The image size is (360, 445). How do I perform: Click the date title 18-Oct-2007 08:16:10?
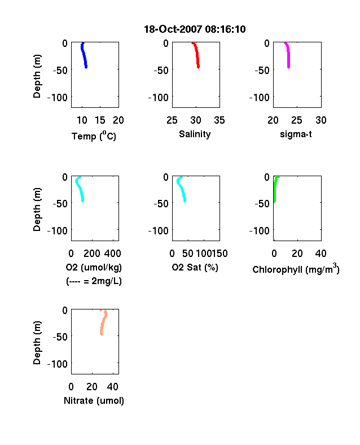pos(195,29)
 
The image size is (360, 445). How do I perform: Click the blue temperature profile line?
pos(84,55)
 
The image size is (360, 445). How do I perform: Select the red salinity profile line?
pos(196,55)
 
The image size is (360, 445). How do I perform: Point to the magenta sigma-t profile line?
pos(288,55)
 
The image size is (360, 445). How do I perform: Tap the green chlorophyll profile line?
pos(275,189)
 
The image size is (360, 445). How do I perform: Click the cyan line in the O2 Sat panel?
pos(181,189)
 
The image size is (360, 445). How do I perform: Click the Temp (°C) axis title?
pos(94,136)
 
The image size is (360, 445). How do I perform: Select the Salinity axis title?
pos(195,134)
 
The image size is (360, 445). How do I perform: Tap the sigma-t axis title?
pos(296,134)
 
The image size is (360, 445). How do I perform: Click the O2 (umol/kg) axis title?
pos(94,267)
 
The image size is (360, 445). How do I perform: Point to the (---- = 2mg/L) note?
pos(94,281)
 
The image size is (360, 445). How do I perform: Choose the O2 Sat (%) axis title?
pos(195,267)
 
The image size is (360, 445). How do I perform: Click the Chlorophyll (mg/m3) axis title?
pos(296,268)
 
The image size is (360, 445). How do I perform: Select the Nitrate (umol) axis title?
pos(94,400)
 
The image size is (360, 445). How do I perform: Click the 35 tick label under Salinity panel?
pos(219,120)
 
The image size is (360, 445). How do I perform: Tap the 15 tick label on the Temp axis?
pos(100,120)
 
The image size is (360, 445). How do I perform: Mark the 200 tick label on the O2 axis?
pos(91,254)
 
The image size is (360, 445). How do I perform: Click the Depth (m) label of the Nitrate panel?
pos(37,343)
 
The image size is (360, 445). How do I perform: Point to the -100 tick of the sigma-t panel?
pos(259,98)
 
